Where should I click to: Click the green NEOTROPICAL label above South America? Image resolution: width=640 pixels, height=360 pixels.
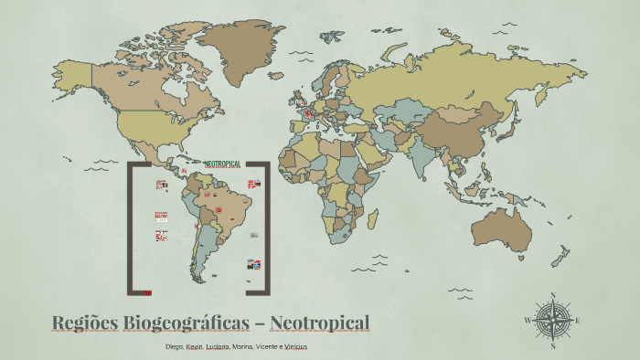pyautogui.click(x=222, y=164)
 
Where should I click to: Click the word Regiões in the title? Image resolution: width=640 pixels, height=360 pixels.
pyautogui.click(x=83, y=323)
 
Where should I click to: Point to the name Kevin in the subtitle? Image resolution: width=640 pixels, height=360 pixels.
pyautogui.click(x=194, y=347)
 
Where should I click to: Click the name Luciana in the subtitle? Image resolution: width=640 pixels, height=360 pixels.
pyautogui.click(x=218, y=347)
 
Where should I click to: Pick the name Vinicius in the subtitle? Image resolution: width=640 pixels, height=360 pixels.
pyautogui.click(x=295, y=347)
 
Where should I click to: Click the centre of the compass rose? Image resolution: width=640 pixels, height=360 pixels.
pyautogui.click(x=552, y=319)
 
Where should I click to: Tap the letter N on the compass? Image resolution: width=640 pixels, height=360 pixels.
pyautogui.click(x=552, y=295)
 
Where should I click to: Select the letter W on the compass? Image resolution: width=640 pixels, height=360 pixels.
pyautogui.click(x=528, y=320)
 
